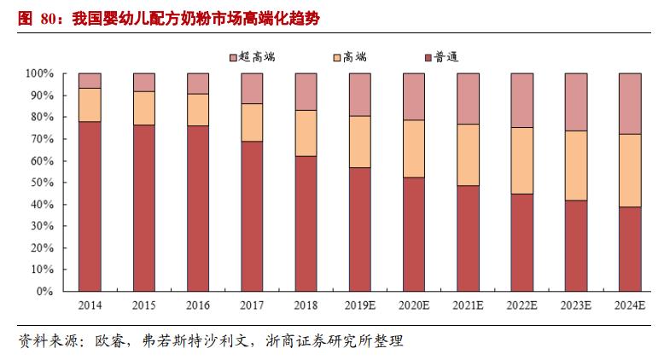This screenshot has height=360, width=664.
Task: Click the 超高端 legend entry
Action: (x=256, y=56)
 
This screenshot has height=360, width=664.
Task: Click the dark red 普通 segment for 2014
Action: (x=90, y=206)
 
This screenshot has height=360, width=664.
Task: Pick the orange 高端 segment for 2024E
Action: (x=631, y=171)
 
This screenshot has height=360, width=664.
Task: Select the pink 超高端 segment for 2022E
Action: (x=522, y=100)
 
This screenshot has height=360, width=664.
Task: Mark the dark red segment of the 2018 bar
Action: (x=306, y=223)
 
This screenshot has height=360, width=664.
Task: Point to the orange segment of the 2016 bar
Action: (x=198, y=110)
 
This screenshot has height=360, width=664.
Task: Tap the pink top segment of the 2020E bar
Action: (x=415, y=96)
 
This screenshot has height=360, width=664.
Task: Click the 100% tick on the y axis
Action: (x=39, y=73)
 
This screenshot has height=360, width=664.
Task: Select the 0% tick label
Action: (x=45, y=291)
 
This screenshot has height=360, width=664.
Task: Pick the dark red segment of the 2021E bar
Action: (x=469, y=238)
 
